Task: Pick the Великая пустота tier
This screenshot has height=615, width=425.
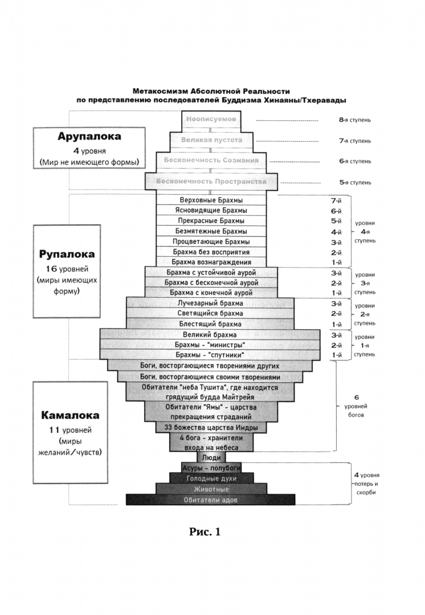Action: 211,140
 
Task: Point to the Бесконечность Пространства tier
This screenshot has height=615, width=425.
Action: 211,182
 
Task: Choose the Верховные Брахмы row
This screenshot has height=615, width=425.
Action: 211,200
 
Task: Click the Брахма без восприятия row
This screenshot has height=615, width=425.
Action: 211,251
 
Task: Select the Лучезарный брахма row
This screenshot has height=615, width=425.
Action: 211,303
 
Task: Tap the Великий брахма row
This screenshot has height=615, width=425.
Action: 211,334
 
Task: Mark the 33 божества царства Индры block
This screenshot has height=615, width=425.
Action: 211,427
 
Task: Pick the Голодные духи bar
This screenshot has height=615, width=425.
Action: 211,478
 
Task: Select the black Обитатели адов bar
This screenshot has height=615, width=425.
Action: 211,500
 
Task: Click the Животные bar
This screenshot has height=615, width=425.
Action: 211,489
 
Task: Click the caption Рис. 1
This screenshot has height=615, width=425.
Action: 205,532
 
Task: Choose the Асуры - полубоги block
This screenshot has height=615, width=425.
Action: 211,468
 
